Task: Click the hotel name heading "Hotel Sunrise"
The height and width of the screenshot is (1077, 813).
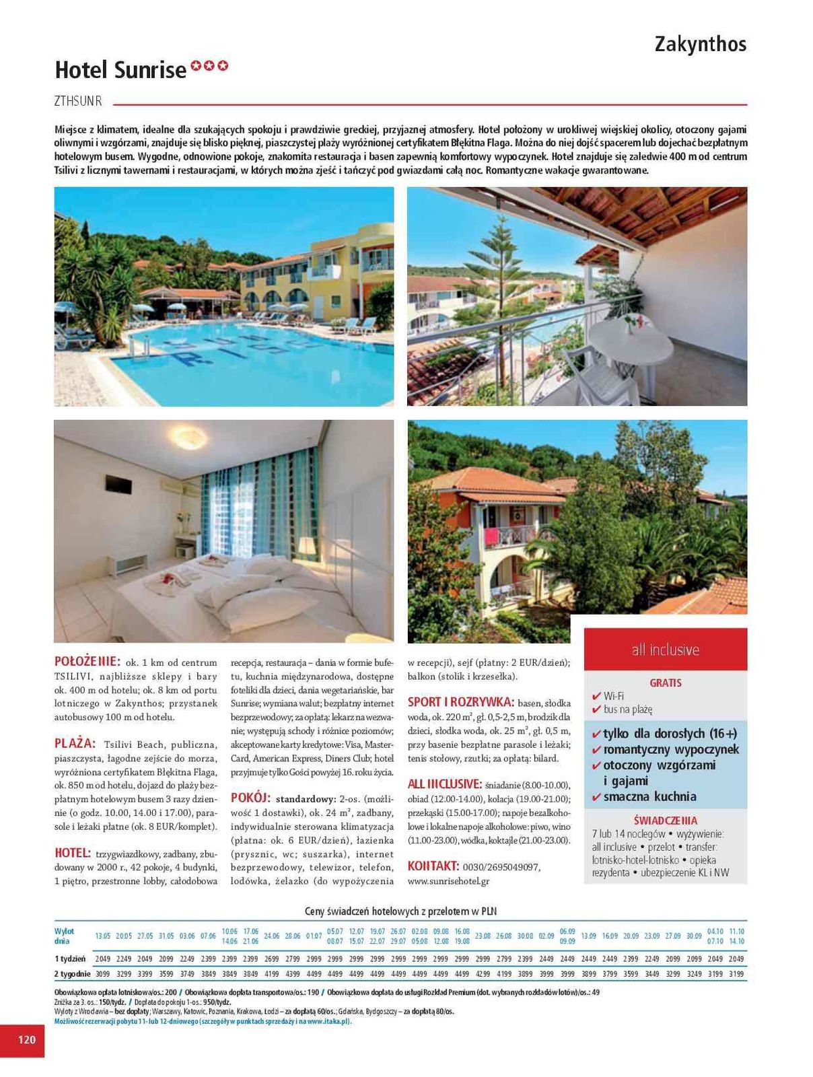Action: tap(120, 70)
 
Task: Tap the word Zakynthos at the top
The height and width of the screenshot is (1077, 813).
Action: tap(700, 44)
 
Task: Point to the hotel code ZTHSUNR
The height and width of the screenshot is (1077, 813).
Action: tap(78, 102)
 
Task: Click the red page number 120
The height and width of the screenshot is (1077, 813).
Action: tap(26, 1039)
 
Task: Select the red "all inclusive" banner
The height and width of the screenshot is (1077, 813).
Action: tap(665, 650)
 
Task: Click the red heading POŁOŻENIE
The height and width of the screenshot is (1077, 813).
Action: tap(87, 662)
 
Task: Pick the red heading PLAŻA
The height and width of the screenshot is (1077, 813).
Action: tap(75, 744)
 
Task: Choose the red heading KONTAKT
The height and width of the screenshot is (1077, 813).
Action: tap(433, 866)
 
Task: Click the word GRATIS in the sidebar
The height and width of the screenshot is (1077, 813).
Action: tap(665, 683)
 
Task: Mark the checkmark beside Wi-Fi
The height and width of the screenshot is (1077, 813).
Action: tap(596, 696)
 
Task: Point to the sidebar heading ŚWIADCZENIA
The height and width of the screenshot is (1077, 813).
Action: tap(665, 821)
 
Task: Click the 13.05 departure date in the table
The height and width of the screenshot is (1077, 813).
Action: tap(103, 936)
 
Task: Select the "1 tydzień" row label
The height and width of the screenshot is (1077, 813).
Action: tap(70, 959)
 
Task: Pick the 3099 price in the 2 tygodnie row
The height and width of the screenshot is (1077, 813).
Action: tap(103, 973)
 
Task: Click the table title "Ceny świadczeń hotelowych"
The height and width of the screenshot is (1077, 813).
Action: tap(400, 911)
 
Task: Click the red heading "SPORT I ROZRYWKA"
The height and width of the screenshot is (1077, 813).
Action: tap(460, 702)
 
